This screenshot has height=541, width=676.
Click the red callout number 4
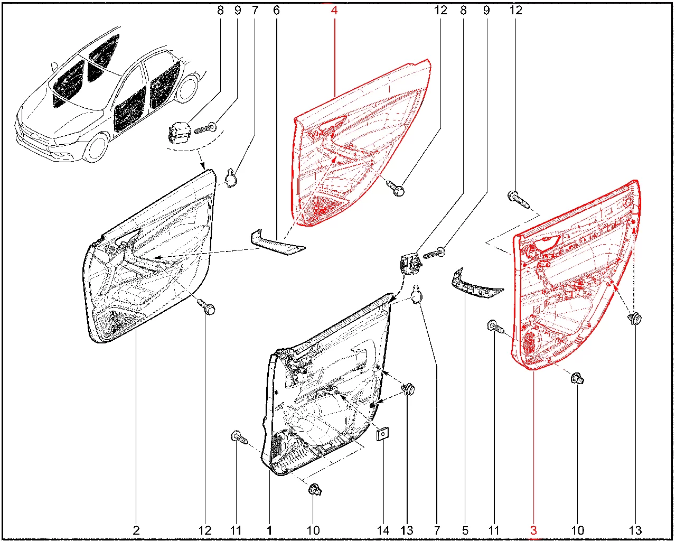(x=334, y=10)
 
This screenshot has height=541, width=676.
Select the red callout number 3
(x=533, y=530)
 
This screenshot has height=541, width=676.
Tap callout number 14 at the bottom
(x=383, y=530)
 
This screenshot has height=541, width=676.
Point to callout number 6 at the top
(x=276, y=10)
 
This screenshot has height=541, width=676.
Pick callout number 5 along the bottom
(x=465, y=530)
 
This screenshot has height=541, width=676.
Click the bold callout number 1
(x=269, y=530)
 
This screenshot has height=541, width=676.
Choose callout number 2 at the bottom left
(x=136, y=530)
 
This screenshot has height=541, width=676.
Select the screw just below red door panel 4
(x=397, y=188)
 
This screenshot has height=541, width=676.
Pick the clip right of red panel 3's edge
(x=634, y=319)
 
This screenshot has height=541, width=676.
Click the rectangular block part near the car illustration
(x=179, y=132)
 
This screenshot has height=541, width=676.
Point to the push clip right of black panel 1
(x=408, y=390)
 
